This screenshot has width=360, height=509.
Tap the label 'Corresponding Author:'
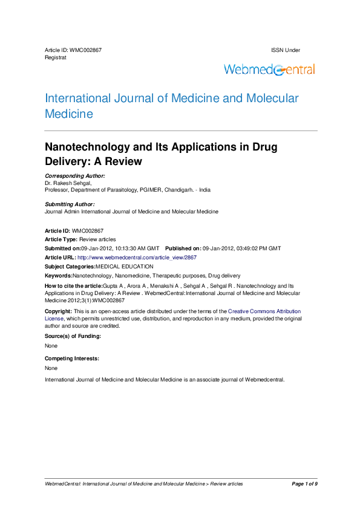click(x=75, y=175)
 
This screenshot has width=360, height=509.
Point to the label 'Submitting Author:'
click(x=70, y=204)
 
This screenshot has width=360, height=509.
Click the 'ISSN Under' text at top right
click(x=286, y=50)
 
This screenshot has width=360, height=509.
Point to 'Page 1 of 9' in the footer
click(x=304, y=484)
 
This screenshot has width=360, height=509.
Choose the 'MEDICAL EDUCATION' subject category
click(x=125, y=266)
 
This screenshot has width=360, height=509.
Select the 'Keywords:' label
click(x=59, y=275)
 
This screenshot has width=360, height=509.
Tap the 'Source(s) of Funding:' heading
click(x=73, y=336)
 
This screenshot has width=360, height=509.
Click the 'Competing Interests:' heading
click(x=72, y=358)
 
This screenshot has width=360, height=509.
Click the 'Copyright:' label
click(x=59, y=310)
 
